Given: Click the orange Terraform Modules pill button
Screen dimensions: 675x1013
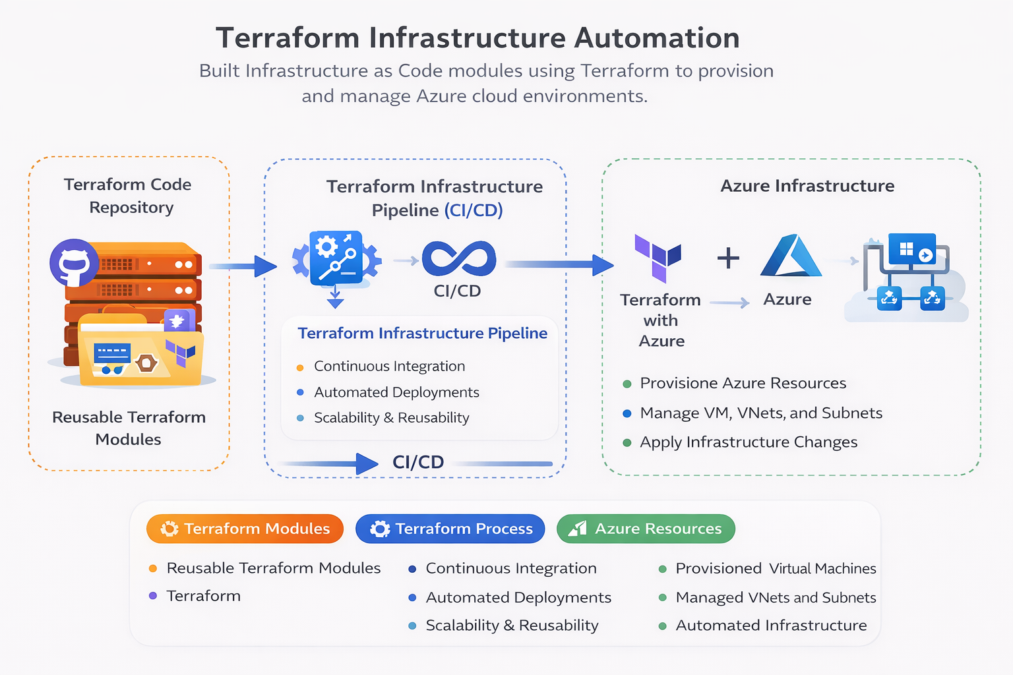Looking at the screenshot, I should point(245,529).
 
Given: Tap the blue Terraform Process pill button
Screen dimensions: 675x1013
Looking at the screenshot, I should point(450,529).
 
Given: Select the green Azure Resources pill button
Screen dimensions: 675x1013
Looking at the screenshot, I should point(645,529).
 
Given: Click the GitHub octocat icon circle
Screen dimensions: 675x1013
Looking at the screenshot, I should point(74,262).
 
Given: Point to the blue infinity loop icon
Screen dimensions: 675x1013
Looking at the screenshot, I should point(459,258).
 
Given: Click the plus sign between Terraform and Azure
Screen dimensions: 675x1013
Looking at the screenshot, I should point(728,258).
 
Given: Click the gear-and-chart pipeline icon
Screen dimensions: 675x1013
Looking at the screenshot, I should point(336,258).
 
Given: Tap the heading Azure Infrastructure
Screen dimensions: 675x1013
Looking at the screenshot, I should point(807,186).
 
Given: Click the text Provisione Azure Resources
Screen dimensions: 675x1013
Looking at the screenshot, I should point(743,383).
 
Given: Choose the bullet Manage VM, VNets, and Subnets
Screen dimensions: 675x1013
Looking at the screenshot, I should point(761,413).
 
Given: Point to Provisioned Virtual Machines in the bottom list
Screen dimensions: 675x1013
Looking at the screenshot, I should point(776,568).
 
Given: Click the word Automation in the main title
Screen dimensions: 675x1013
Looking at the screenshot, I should point(657,38).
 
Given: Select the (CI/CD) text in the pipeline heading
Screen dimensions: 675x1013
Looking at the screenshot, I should point(473,210).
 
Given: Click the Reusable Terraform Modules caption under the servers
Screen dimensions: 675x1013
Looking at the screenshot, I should point(129,428).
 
